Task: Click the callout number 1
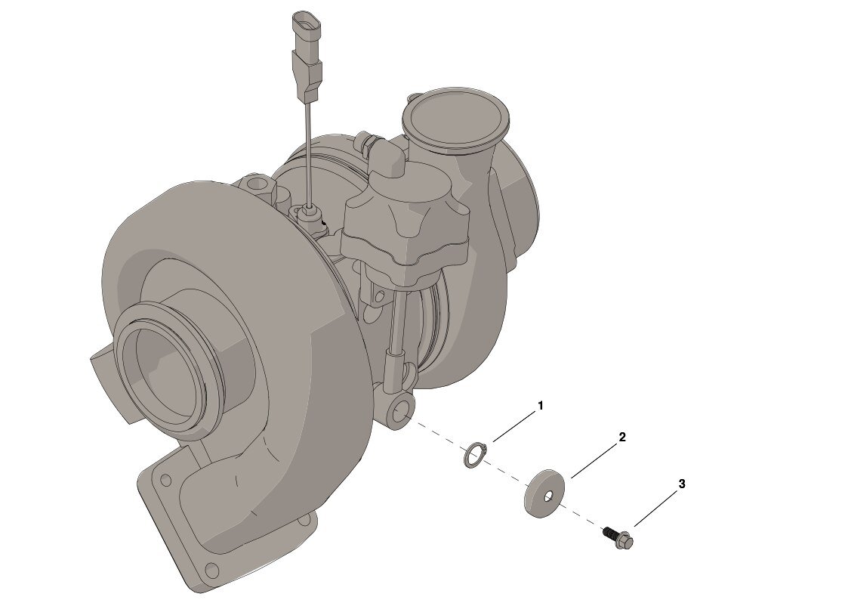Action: (x=540, y=406)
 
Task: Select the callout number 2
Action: (x=622, y=437)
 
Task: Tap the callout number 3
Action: (x=682, y=484)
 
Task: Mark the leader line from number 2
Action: (x=595, y=460)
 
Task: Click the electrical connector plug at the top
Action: (x=307, y=55)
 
